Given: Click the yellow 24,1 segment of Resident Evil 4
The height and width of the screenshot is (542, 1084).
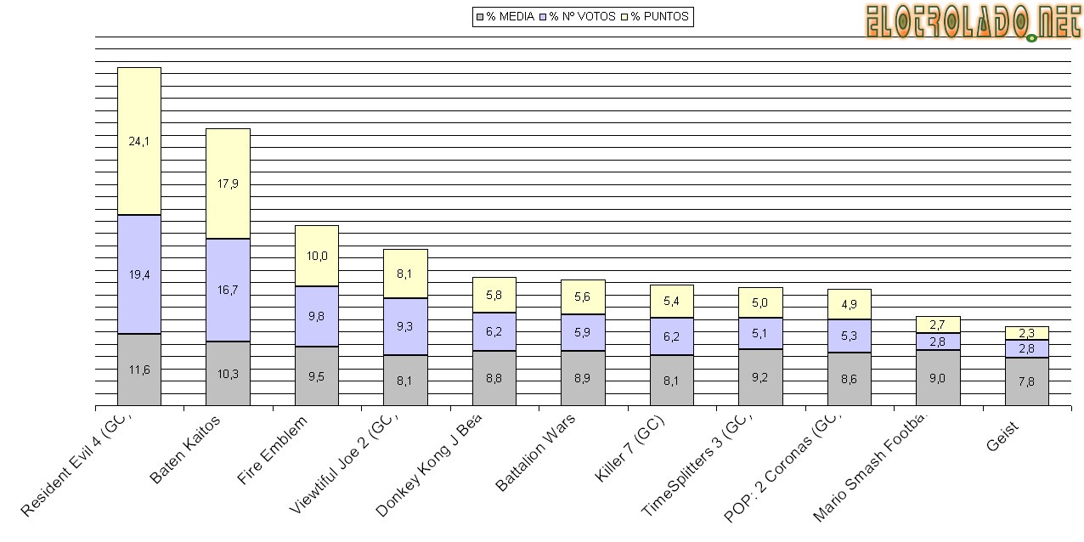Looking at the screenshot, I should pyautogui.click(x=138, y=141).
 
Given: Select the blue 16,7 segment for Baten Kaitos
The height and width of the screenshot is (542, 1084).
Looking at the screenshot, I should pyautogui.click(x=228, y=290).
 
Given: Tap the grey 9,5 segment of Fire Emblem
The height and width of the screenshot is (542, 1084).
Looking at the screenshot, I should pyautogui.click(x=316, y=376).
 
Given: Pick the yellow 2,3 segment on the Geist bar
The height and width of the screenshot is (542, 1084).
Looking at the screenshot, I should pyautogui.click(x=1026, y=333).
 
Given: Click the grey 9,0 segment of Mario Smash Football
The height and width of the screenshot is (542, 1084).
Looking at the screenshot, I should pyautogui.click(x=938, y=378).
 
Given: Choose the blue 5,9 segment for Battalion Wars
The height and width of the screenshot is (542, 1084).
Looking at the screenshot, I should pyautogui.click(x=582, y=332).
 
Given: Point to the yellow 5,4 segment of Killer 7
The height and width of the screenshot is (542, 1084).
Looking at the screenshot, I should pyautogui.click(x=671, y=302).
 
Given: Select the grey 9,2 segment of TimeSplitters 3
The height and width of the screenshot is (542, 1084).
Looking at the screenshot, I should pyautogui.click(x=760, y=377).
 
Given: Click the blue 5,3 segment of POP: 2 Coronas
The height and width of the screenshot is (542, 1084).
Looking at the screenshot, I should pyautogui.click(x=849, y=336).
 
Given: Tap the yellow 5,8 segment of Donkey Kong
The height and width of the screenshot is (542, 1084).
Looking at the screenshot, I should pyautogui.click(x=494, y=295).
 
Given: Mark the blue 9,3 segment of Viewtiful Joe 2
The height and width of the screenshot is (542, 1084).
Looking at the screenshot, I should pyautogui.click(x=405, y=326).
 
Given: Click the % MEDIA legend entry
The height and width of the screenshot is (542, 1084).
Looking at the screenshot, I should pyautogui.click(x=505, y=16).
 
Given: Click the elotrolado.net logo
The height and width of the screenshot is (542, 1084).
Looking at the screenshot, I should pyautogui.click(x=972, y=22).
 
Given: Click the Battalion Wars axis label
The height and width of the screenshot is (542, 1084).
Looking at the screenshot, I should pyautogui.click(x=536, y=452).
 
